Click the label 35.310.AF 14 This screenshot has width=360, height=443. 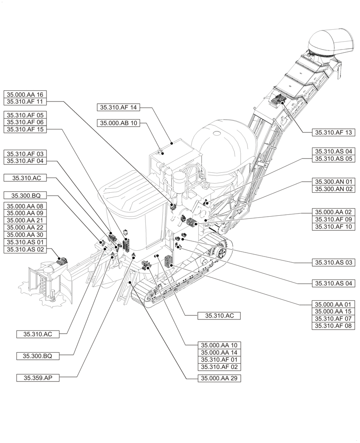coord(119,107)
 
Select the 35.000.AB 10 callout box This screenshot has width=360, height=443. coord(119,124)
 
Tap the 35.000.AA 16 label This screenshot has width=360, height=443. coord(25,94)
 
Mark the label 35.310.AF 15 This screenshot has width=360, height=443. coord(25,129)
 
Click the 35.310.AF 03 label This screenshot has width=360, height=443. coord(25,154)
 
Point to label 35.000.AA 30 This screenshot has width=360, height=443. coord(25,235)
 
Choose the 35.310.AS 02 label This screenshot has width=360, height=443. coord(25,249)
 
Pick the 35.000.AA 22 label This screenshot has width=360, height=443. coord(25,228)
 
